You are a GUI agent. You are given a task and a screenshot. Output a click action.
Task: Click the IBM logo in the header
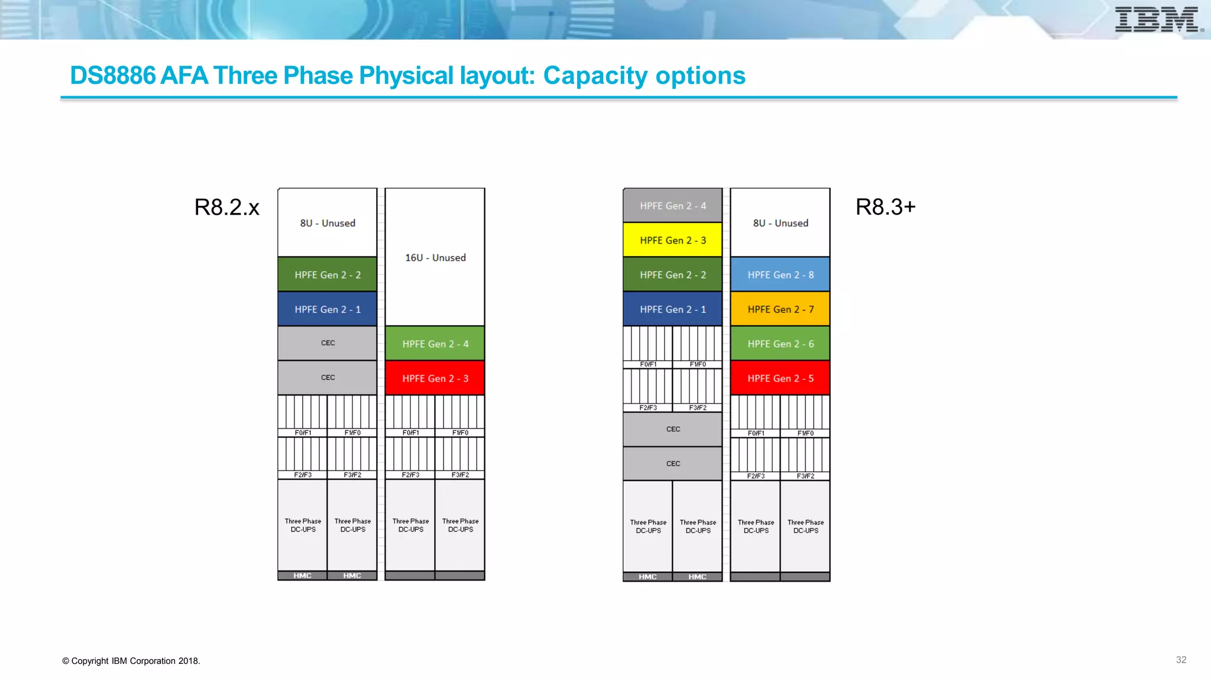(1158, 20)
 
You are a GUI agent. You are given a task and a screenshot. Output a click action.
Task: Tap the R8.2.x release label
(226, 207)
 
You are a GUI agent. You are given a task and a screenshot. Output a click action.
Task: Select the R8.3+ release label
(885, 207)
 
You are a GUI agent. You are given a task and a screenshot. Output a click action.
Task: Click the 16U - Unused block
(435, 258)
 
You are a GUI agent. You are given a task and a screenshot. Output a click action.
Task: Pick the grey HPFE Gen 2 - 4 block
(672, 206)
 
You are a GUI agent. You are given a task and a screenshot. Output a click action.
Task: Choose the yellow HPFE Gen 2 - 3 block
(672, 240)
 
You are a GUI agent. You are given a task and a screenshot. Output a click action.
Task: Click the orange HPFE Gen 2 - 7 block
(780, 309)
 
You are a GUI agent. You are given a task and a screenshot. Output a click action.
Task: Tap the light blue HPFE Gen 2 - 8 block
(780, 275)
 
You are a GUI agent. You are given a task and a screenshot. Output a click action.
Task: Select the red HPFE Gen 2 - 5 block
(780, 378)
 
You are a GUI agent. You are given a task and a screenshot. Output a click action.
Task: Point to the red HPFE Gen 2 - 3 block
(435, 378)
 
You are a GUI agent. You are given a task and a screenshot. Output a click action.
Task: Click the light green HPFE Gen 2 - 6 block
(780, 344)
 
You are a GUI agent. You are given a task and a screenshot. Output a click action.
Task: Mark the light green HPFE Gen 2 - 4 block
(435, 344)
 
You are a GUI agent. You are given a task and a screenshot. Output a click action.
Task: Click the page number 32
(1181, 660)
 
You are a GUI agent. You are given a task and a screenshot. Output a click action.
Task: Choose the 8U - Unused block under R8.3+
(780, 223)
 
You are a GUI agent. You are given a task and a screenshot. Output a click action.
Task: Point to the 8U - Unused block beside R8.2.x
(328, 223)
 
